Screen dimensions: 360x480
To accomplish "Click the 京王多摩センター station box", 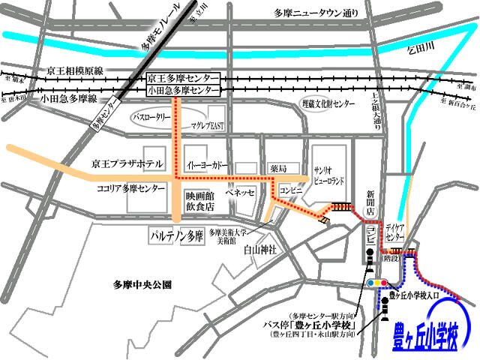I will [x=183, y=78].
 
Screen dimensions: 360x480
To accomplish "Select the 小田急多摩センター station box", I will [x=183, y=91].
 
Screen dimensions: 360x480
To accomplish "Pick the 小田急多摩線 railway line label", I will [x=70, y=98].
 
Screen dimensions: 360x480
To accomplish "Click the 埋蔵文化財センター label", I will [x=326, y=104].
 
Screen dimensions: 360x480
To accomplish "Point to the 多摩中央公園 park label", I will [x=142, y=285].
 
